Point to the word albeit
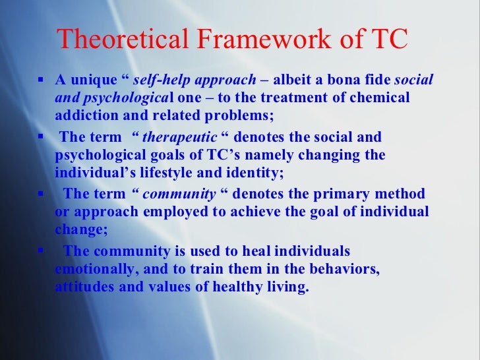pyautogui.click(x=293, y=80)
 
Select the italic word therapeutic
pyautogui.click(x=179, y=138)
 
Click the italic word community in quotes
pyautogui.click(x=179, y=195)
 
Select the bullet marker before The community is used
pyautogui.click(x=40, y=251)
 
